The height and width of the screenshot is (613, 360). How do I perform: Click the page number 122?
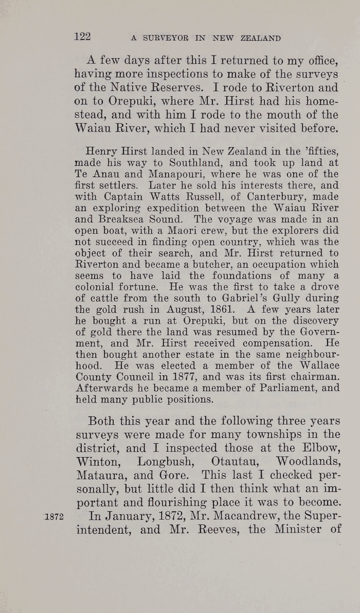[x=82, y=36]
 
